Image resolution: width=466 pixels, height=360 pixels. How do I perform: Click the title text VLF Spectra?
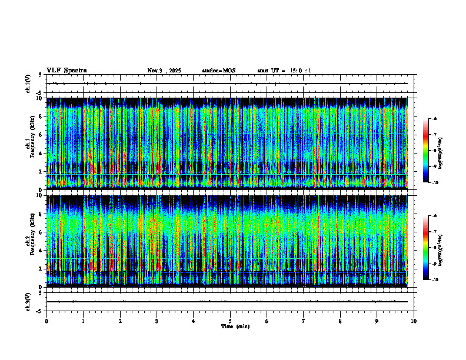tap(66, 70)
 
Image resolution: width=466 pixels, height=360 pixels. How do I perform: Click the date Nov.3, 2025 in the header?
tap(164, 71)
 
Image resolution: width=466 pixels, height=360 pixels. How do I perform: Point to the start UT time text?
tap(284, 71)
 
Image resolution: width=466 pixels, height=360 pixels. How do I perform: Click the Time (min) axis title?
tap(235, 326)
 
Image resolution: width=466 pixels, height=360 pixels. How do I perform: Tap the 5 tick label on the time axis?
tap(230, 321)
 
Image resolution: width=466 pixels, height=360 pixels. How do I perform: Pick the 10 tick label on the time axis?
tap(414, 321)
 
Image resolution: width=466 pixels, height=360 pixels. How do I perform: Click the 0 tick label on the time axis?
tap(46, 321)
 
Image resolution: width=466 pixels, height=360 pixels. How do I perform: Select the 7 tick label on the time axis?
tap(304, 321)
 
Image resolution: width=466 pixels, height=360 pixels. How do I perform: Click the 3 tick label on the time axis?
tap(157, 321)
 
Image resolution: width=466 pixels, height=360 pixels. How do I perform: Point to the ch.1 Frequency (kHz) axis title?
tap(31, 144)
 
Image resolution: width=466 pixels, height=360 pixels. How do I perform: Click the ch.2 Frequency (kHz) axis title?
tap(31, 240)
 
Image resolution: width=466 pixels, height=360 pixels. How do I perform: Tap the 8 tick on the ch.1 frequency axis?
tap(39, 116)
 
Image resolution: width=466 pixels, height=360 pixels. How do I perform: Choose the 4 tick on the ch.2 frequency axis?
tap(39, 251)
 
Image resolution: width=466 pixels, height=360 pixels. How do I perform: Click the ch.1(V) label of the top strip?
tap(28, 84)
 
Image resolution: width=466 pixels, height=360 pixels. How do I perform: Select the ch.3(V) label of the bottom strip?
tap(28, 301)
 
